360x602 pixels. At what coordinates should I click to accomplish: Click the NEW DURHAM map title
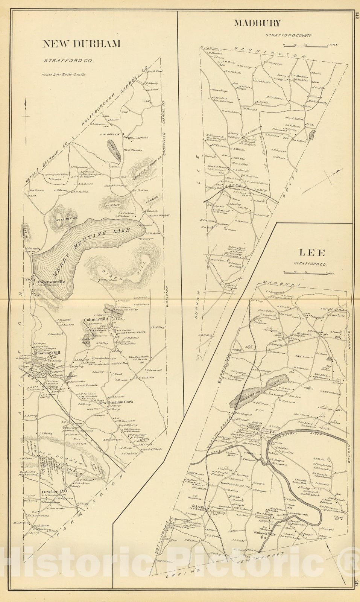tap(82, 44)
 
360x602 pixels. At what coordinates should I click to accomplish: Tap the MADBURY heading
tap(257, 23)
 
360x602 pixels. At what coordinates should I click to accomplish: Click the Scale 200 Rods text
tap(64, 74)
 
